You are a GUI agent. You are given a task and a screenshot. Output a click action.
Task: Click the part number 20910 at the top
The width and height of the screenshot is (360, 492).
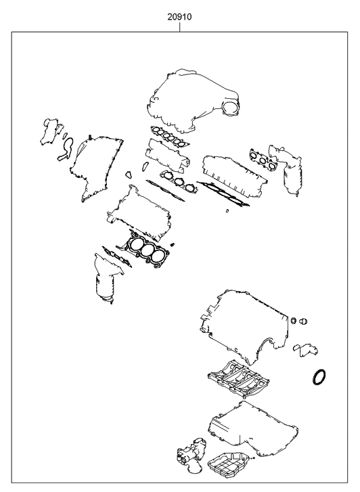(179, 17)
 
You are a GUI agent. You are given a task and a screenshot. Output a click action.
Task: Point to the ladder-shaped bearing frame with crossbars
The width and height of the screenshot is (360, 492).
(238, 378)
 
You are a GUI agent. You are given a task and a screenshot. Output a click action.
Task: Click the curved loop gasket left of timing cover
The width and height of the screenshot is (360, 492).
(66, 150)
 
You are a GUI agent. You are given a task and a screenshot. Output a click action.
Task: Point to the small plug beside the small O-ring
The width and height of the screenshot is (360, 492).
(304, 321)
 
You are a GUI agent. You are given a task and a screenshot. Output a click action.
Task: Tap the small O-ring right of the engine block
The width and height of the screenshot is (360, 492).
(294, 321)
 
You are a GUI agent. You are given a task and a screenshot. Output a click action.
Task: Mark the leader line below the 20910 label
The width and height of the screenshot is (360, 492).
(179, 27)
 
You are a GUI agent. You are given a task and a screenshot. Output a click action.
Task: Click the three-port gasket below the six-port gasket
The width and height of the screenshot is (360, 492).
(179, 181)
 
